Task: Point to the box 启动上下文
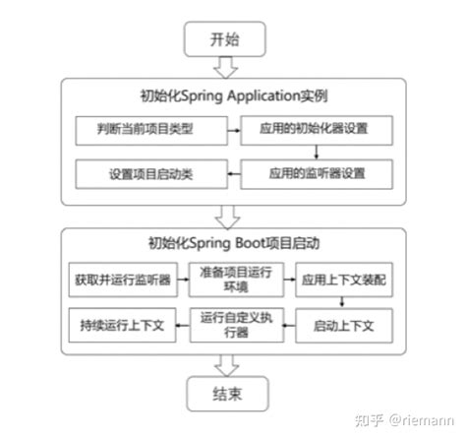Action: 344,324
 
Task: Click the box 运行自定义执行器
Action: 234,324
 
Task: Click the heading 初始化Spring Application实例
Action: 233,96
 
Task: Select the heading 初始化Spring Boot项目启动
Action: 233,242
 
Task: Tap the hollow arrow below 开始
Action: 226,66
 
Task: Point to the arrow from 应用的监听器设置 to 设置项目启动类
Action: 232,173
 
